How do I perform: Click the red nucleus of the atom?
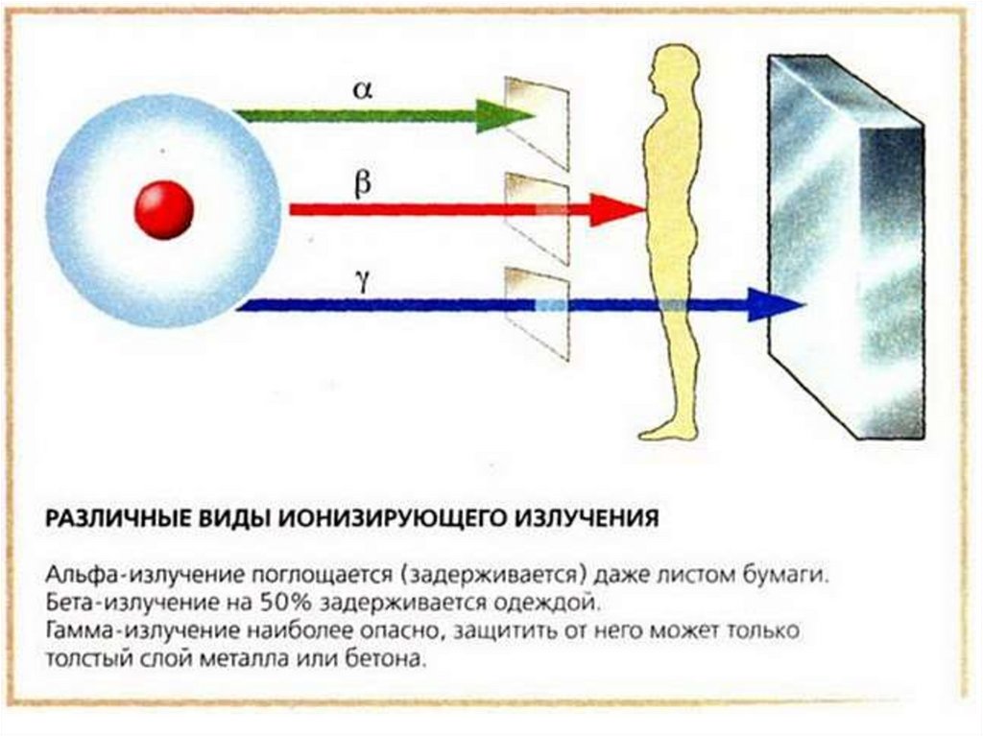[164, 210]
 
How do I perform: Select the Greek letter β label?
[362, 182]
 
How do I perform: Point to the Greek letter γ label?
[362, 280]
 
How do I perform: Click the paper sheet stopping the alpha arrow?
[538, 120]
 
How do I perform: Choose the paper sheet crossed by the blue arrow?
[538, 312]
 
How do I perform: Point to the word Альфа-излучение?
[125, 576]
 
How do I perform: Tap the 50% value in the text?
[278, 605]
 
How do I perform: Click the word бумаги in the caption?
[781, 576]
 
